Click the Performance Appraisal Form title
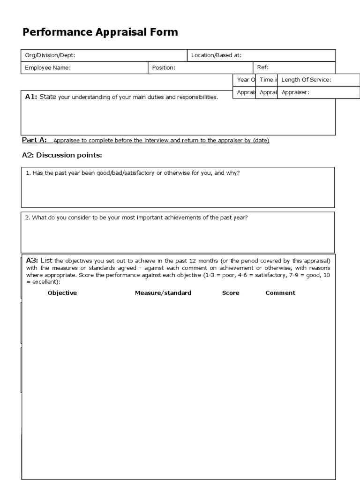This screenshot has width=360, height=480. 100,32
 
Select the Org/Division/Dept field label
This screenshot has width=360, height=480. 50,55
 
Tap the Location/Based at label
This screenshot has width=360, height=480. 216,55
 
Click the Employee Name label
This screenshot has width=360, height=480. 47,67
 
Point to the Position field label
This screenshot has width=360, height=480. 164,67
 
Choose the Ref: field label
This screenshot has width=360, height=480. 263,67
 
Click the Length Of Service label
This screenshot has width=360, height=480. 306,80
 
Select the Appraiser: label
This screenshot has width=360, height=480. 295,92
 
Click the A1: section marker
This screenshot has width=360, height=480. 31,97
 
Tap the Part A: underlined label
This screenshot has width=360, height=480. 34,140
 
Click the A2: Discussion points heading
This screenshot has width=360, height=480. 62,155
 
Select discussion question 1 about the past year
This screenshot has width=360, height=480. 133,173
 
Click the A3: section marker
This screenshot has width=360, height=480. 32,260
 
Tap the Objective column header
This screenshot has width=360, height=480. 62,293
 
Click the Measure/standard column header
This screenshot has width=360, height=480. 163,293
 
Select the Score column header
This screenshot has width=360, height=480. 231,293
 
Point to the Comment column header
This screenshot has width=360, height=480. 280,293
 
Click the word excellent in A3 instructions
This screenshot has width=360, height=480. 45,282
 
